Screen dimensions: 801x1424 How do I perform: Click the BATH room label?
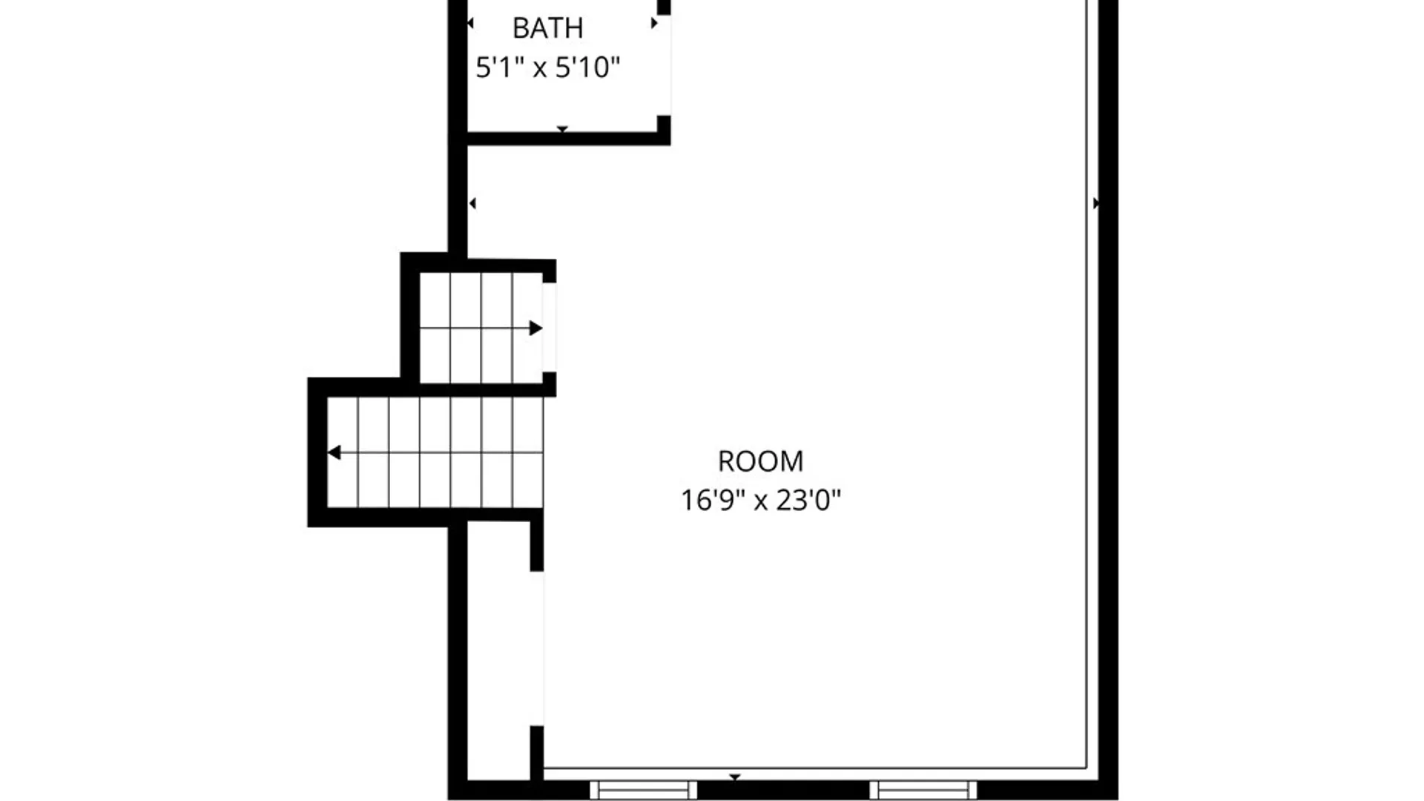(547, 28)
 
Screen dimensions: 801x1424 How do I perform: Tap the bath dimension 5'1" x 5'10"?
(547, 67)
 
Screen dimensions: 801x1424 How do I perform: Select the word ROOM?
(760, 461)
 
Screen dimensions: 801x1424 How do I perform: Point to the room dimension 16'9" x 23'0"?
(760, 501)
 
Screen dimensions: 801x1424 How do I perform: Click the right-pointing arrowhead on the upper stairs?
(535, 328)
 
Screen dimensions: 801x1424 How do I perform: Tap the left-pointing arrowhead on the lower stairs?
(334, 452)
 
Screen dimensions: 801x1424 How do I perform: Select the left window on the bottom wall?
(643, 790)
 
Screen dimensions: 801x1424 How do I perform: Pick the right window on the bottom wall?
(923, 790)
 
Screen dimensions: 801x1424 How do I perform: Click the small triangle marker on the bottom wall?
(734, 777)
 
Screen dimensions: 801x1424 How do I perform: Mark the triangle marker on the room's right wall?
(1096, 203)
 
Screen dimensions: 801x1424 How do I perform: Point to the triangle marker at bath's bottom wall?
(562, 129)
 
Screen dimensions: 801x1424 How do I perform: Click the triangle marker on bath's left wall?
(470, 24)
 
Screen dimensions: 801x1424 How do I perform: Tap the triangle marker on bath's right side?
(653, 24)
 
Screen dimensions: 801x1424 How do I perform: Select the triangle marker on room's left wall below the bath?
(472, 203)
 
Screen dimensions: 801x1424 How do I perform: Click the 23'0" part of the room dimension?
(808, 501)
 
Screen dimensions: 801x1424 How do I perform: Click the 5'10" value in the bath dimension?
(587, 67)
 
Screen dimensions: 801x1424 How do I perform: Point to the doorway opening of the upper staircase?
(550, 327)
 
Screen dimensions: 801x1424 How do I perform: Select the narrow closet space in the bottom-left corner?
(498, 653)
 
